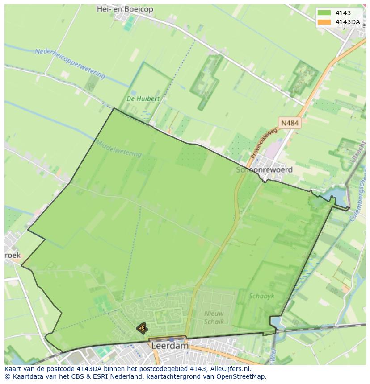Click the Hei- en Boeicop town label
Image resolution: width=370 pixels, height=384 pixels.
(x=125, y=9)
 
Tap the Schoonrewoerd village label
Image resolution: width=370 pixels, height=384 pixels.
(x=264, y=170)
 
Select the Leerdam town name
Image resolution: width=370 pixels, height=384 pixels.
(x=170, y=346)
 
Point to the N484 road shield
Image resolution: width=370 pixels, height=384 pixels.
(x=290, y=123)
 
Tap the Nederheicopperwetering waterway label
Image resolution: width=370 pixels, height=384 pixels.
(x=70, y=63)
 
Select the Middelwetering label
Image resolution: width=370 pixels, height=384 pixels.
(x=118, y=148)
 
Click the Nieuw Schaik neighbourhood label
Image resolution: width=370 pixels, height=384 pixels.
(x=214, y=317)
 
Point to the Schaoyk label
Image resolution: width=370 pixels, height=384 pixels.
(x=262, y=296)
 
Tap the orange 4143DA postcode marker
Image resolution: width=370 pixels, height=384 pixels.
(x=142, y=328)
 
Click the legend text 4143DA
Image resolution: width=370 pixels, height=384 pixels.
(x=347, y=22)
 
